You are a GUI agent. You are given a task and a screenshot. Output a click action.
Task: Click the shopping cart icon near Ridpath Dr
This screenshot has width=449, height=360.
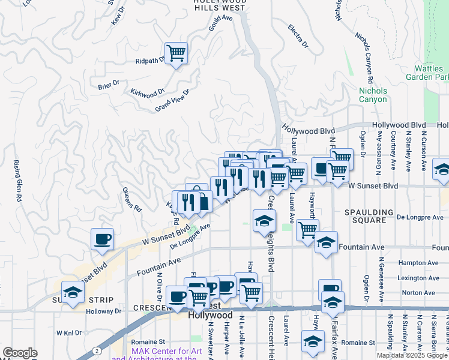pos(176,53)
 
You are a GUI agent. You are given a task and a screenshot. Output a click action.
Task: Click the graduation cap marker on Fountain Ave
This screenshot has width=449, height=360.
pos(326,242)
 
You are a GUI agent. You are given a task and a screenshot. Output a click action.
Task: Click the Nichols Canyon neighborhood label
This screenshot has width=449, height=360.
pos(373,95)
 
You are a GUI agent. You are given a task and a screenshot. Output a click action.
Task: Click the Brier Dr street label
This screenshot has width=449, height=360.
pos(109,85)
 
